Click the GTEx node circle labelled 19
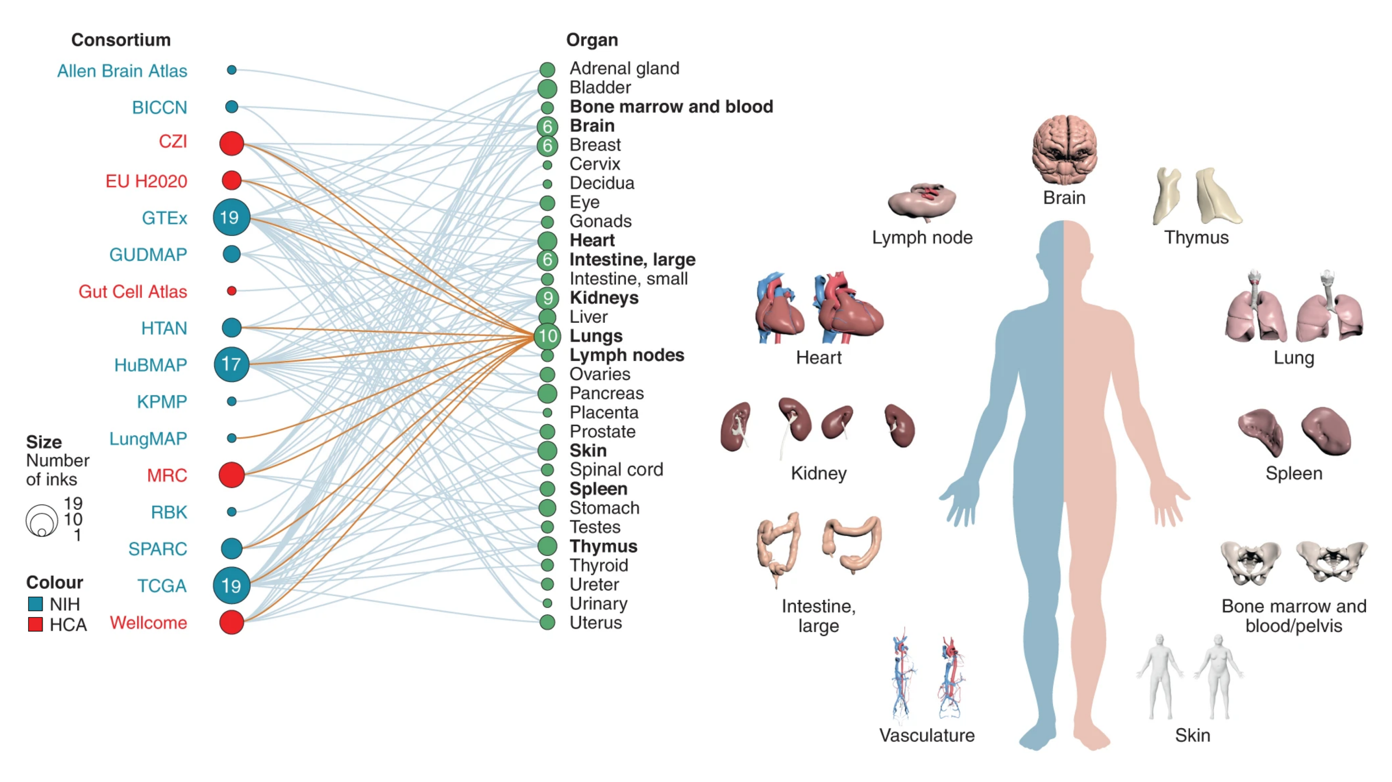(x=231, y=217)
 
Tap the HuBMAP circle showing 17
(x=231, y=364)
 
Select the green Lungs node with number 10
(x=547, y=336)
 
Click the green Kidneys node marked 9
(x=547, y=298)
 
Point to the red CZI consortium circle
(x=231, y=143)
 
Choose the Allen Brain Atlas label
(x=122, y=71)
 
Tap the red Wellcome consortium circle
(x=231, y=622)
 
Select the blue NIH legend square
(x=36, y=603)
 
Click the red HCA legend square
(x=36, y=625)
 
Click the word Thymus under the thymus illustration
(x=1196, y=238)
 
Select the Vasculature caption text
(x=927, y=736)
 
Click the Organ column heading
(x=592, y=40)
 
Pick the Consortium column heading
(x=121, y=40)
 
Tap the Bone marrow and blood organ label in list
(x=671, y=107)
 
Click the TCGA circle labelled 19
(x=231, y=585)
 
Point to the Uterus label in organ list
(x=595, y=623)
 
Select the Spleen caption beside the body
(x=1294, y=473)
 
